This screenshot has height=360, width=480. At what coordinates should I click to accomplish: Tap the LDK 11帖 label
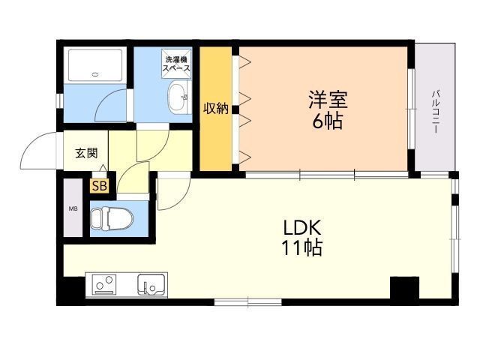pyautogui.click(x=301, y=238)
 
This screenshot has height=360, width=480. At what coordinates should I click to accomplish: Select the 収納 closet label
pyautogui.click(x=216, y=108)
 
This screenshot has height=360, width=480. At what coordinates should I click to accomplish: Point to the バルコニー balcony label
pyautogui.click(x=435, y=111)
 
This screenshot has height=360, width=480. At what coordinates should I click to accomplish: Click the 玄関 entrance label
pyautogui.click(x=87, y=153)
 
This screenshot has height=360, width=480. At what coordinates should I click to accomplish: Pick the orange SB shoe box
pyautogui.click(x=100, y=185)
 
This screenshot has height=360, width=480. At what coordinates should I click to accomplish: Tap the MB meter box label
pyautogui.click(x=73, y=208)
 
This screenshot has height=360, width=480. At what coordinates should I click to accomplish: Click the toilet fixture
pyautogui.click(x=112, y=218)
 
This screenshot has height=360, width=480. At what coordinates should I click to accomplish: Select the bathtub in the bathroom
pyautogui.click(x=95, y=65)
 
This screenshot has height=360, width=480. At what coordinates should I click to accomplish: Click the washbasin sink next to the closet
pyautogui.click(x=179, y=97)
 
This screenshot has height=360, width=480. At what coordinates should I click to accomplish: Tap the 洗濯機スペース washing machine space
pyautogui.click(x=176, y=63)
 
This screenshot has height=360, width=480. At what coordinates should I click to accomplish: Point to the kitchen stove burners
pyautogui.click(x=105, y=285)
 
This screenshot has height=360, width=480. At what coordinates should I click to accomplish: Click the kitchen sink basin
pyautogui.click(x=151, y=284)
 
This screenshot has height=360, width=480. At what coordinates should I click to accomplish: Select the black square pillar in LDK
pyautogui.click(x=404, y=288)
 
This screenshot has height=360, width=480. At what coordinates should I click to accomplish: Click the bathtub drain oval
pyautogui.click(x=95, y=74)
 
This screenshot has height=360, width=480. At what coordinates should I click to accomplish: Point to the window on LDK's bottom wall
pyautogui.click(x=247, y=302)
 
